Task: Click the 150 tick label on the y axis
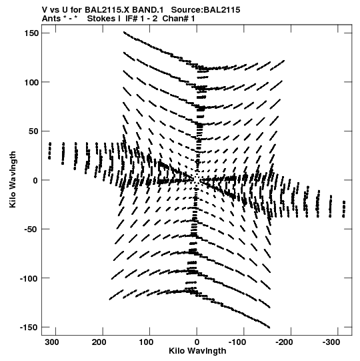click(31, 33)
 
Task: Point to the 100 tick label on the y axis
click(31, 82)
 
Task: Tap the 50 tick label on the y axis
click(34, 131)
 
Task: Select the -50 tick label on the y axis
click(31, 230)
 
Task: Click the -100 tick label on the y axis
click(29, 278)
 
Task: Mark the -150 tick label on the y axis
click(29, 328)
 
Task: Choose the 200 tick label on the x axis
click(100, 342)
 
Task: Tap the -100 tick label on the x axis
click(237, 342)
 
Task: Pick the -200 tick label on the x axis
click(284, 342)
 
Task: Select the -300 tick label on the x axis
click(331, 342)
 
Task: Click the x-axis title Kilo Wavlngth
click(197, 352)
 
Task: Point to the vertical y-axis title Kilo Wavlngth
click(13, 179)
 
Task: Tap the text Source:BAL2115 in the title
click(205, 10)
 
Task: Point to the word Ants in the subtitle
click(51, 19)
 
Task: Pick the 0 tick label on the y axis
click(35, 180)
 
